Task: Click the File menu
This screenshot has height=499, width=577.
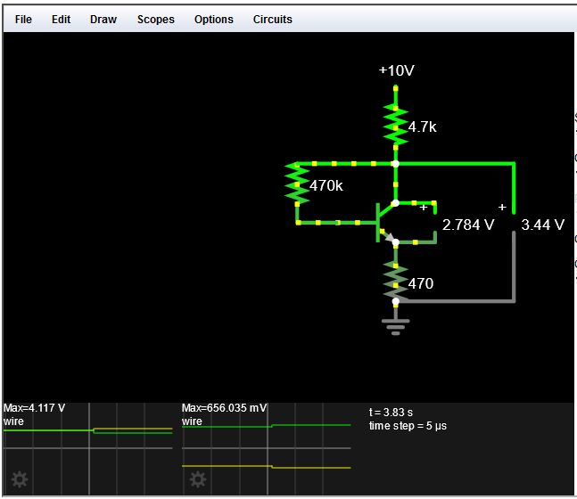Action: [23, 19]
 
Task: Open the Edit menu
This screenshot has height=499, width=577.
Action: [61, 19]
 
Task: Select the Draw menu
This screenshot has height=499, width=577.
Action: [103, 19]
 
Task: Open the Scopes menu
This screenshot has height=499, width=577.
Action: [156, 19]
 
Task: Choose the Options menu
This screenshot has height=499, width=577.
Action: [214, 19]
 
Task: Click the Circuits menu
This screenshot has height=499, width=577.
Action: [272, 19]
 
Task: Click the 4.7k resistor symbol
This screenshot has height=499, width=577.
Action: [395, 125]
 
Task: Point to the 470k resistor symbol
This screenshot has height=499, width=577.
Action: [295, 185]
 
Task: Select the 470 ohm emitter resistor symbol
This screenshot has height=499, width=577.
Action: [395, 282]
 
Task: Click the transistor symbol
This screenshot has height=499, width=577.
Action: [386, 221]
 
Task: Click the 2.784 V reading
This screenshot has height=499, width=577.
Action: [468, 225]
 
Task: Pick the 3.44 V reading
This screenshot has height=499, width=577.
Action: [542, 225]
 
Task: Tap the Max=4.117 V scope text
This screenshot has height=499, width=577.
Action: [34, 408]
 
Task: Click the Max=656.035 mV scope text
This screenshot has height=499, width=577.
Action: [224, 408]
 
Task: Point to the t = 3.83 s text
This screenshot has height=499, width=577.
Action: [391, 413]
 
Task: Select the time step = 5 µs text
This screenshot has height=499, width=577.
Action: [408, 426]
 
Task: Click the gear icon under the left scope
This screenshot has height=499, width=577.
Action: [19, 479]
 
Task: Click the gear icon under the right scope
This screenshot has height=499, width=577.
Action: [197, 479]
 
